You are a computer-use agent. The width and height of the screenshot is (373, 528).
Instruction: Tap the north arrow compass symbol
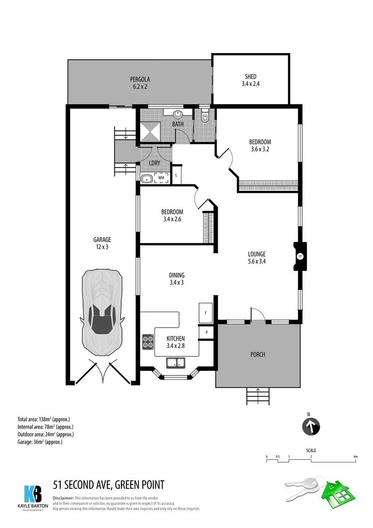(x=312, y=426)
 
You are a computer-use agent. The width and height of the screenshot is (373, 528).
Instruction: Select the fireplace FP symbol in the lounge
(x=299, y=257)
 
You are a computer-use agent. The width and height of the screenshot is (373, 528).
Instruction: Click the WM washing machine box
(x=161, y=177)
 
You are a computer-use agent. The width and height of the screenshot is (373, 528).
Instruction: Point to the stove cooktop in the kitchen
(x=148, y=341)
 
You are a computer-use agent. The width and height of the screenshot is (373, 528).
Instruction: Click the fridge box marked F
(x=206, y=312)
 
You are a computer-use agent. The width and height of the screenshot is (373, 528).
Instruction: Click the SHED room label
(x=251, y=80)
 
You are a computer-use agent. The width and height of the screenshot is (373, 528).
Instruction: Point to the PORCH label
(x=258, y=354)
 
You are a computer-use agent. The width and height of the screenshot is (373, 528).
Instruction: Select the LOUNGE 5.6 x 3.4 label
(x=257, y=257)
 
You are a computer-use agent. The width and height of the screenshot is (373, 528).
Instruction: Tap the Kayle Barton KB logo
(x=33, y=495)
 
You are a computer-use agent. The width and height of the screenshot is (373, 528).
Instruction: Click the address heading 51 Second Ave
(x=108, y=484)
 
